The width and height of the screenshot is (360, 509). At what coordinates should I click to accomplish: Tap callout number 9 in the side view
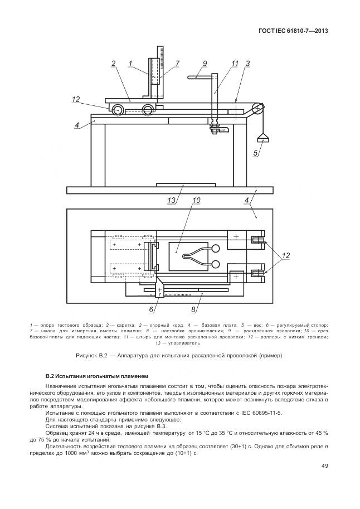point(205,63)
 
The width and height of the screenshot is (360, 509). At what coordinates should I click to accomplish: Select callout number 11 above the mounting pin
point(235,63)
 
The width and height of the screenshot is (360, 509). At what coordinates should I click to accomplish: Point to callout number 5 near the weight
point(256,152)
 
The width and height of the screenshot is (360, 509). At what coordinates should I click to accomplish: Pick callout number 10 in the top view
point(196,200)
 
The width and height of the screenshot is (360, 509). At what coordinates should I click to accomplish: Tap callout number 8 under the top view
point(193,308)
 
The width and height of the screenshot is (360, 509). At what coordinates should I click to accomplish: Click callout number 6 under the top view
point(150,308)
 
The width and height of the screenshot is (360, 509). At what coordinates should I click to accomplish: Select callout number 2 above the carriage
point(113,64)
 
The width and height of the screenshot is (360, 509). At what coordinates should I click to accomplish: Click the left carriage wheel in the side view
point(118,110)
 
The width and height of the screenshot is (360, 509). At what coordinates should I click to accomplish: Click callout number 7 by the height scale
point(177,64)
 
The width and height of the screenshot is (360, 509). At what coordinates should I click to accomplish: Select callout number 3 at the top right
point(247,64)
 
